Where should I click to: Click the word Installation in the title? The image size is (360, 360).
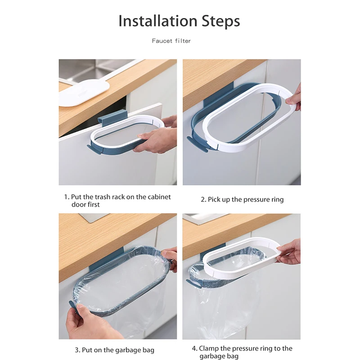[158, 21]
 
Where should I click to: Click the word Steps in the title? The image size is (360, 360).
[220, 21]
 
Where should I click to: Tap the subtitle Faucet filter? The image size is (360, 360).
[171, 41]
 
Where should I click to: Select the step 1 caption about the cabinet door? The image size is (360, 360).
[117, 200]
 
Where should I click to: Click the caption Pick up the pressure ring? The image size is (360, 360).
[242, 199]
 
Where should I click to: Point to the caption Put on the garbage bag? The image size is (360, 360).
[115, 350]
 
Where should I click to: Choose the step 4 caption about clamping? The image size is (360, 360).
[242, 352]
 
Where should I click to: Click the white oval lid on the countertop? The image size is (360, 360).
[84, 93]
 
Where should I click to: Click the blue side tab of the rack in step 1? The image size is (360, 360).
[94, 149]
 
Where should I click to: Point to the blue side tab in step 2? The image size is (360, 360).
[197, 144]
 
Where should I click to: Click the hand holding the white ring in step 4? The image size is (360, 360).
[289, 252]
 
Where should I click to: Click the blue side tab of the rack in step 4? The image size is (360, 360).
[194, 284]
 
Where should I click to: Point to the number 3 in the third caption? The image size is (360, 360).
[77, 350]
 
